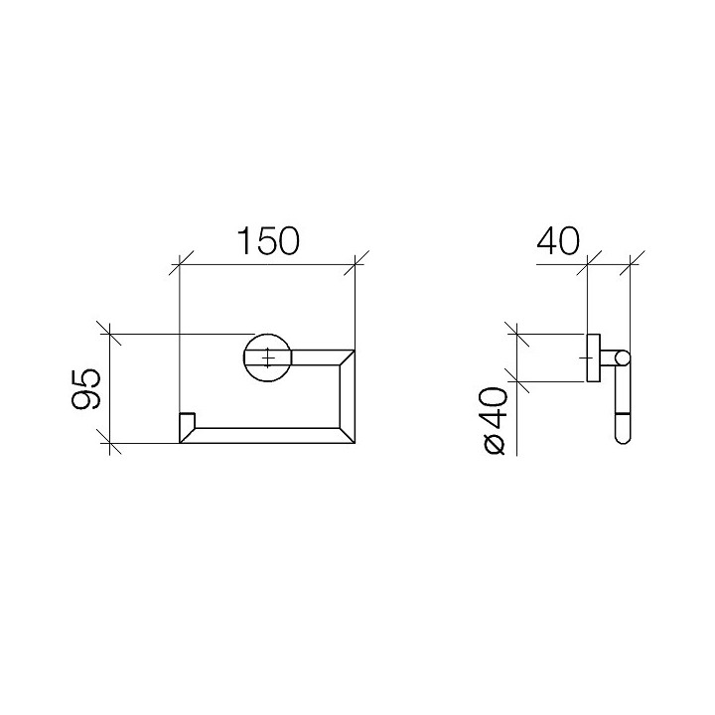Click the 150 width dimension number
point(267,242)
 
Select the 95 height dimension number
point(85,389)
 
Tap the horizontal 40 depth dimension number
point(558,242)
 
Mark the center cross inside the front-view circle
point(267,356)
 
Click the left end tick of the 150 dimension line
point(179,265)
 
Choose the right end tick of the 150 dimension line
point(356,265)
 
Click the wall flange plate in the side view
point(593,357)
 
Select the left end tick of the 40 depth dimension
point(589,265)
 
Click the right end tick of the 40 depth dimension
point(631,265)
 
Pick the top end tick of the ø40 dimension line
point(515,334)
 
